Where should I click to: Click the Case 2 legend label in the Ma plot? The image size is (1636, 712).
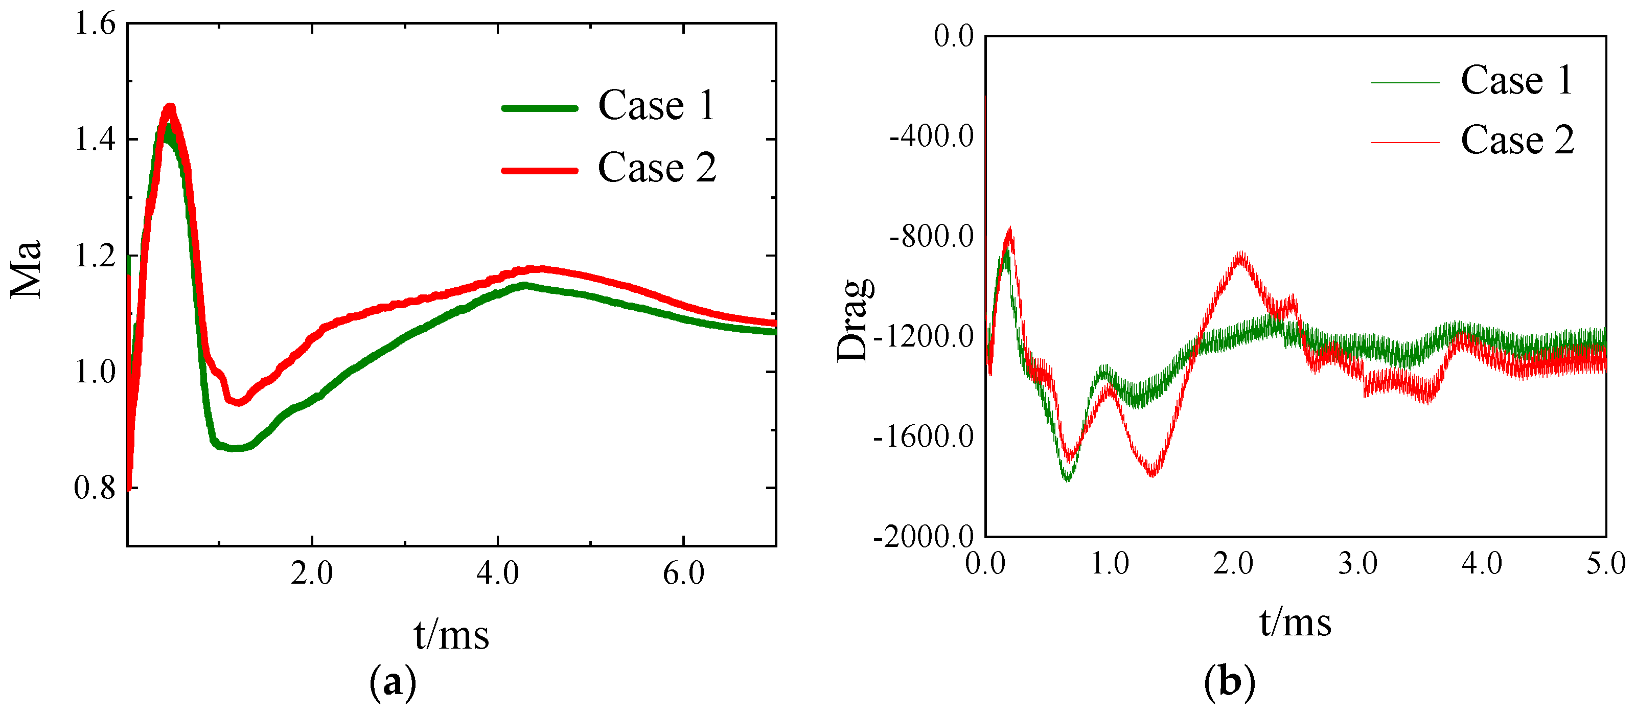657,168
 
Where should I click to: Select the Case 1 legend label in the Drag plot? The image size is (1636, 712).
1516,81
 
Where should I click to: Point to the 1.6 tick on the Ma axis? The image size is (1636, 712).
95,24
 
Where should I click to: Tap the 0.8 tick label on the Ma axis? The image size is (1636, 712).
95,488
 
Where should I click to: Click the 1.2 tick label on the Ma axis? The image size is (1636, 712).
95,256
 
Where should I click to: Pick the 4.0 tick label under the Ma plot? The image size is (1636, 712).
497,573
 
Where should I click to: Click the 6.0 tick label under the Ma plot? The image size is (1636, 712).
683,573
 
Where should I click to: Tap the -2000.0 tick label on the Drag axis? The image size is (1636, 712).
924,537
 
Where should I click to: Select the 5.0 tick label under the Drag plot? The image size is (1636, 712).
1605,564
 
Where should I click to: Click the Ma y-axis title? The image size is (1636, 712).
27,269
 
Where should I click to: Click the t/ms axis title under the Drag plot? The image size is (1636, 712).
1295,623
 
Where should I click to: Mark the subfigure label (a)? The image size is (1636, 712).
393,683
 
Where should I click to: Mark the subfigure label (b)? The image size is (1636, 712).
1230,683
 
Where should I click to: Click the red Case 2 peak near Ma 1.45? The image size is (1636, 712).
170,108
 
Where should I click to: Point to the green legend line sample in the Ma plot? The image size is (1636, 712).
540,108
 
